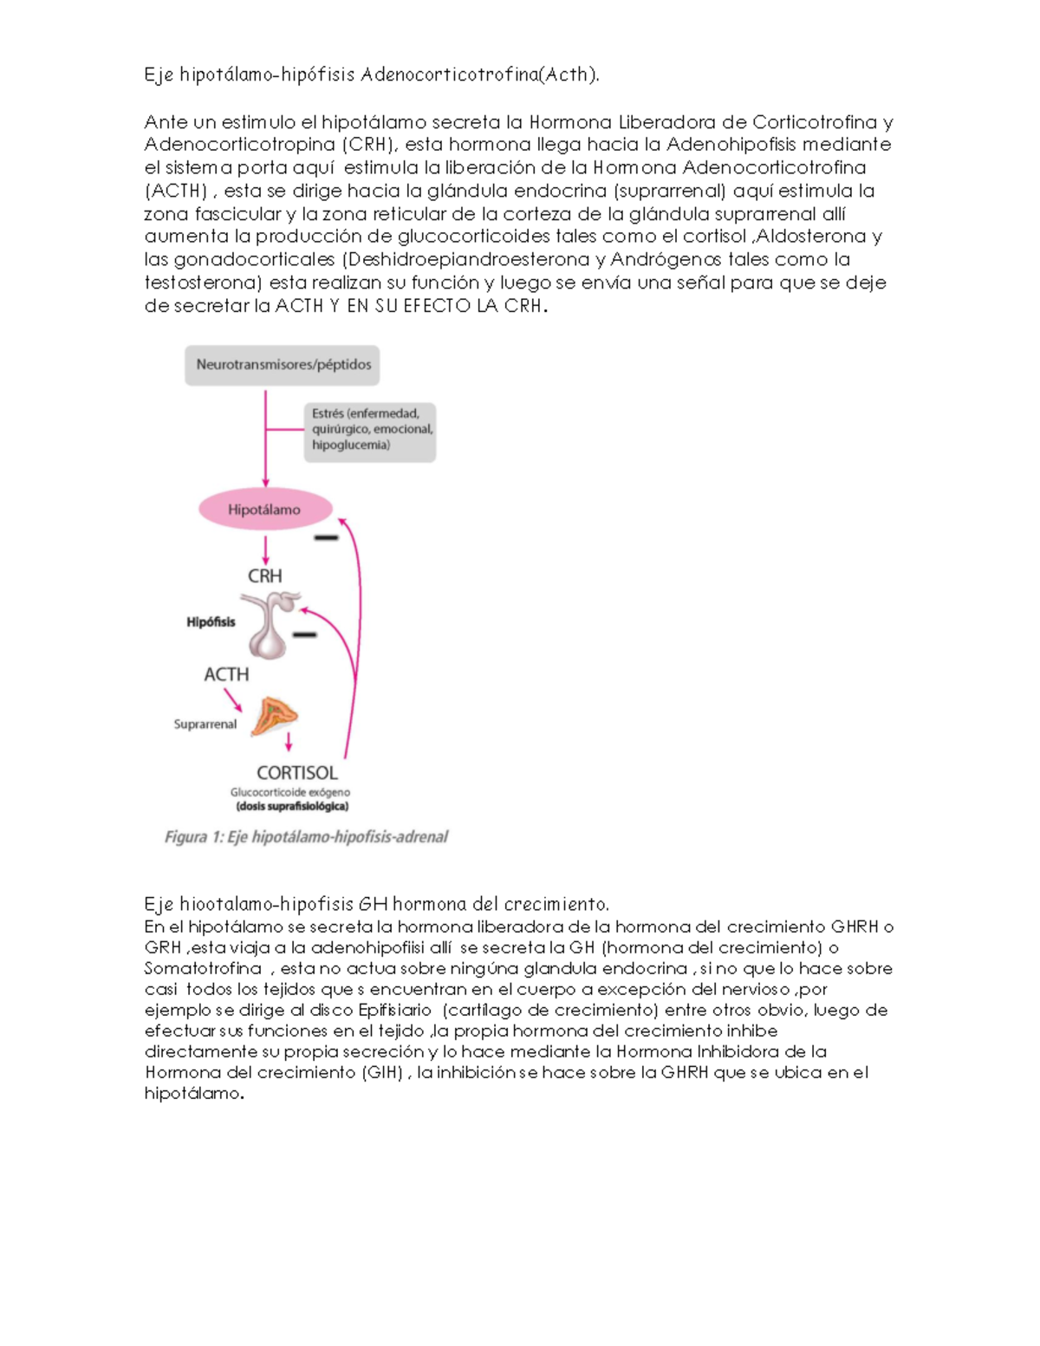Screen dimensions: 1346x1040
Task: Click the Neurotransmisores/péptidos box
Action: [283, 365]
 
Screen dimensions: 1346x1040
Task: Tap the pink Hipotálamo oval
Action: [264, 510]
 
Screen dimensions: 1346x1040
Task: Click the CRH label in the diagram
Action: [265, 576]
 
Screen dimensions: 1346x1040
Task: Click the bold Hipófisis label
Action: [211, 622]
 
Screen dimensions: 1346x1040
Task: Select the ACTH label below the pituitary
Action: [226, 674]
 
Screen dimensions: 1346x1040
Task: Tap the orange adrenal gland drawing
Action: [275, 717]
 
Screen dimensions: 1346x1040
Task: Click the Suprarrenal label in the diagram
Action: [205, 725]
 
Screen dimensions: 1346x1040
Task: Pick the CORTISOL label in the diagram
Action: [297, 772]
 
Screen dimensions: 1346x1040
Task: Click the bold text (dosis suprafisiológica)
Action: [292, 807]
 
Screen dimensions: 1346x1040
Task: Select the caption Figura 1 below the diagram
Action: [306, 837]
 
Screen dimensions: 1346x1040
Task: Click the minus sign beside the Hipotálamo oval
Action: [326, 538]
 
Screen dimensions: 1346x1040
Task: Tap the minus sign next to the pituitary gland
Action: [304, 635]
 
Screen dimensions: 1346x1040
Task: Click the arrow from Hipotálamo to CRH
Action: [265, 549]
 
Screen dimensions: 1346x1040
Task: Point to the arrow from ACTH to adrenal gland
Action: [233, 699]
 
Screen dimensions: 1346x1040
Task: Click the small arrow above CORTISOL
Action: [289, 741]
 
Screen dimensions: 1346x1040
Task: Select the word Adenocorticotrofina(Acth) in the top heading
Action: [480, 75]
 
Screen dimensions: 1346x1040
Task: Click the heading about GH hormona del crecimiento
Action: [377, 905]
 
